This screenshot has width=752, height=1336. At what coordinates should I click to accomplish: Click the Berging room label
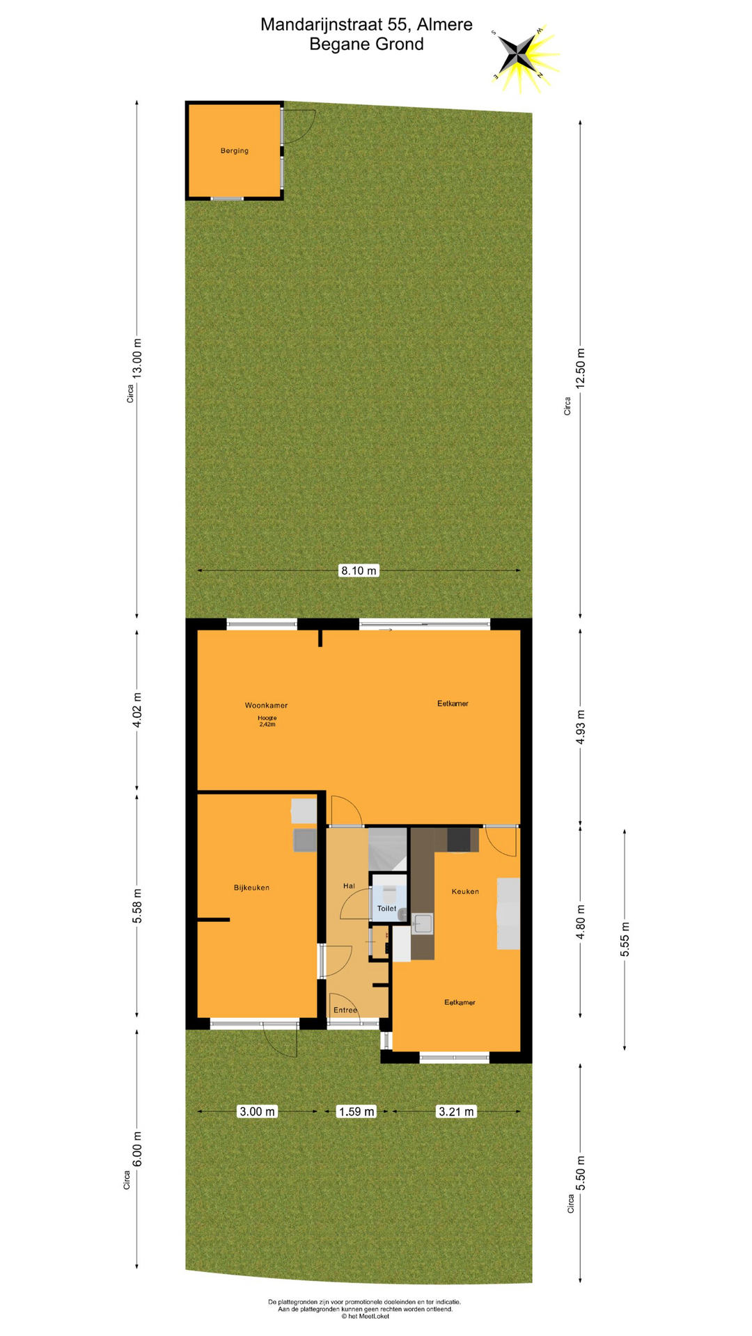tap(235, 150)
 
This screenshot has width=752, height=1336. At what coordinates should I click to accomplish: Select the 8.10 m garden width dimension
tap(359, 571)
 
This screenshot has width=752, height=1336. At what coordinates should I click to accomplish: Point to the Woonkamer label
tap(266, 705)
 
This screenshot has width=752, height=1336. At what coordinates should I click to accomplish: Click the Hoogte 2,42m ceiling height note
tap(267, 721)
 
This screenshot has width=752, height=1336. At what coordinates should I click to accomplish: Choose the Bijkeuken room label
tap(251, 887)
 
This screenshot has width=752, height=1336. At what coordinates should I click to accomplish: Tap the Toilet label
tap(386, 908)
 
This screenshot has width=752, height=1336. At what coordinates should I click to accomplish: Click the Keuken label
tap(465, 891)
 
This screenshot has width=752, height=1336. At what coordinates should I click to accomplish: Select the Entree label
tap(345, 1010)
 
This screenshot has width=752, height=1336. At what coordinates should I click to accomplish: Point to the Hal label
tap(349, 886)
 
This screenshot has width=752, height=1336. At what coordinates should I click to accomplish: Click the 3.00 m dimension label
tap(258, 1111)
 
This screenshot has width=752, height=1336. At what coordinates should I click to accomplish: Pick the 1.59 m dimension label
tap(356, 1111)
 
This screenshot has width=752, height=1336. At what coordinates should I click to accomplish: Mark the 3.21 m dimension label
tap(456, 1111)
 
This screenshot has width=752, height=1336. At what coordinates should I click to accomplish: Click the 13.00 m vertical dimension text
tap(137, 358)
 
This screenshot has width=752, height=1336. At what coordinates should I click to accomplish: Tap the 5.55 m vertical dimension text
tap(625, 939)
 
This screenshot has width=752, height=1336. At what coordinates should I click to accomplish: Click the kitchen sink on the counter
tap(423, 924)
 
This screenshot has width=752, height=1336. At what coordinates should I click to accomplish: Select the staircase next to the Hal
tap(387, 849)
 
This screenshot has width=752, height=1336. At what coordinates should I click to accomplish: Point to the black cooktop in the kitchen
tap(458, 840)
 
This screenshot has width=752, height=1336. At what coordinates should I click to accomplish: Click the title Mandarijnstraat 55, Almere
tap(366, 24)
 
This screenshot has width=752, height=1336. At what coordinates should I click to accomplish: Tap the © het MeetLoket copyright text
tap(365, 1316)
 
